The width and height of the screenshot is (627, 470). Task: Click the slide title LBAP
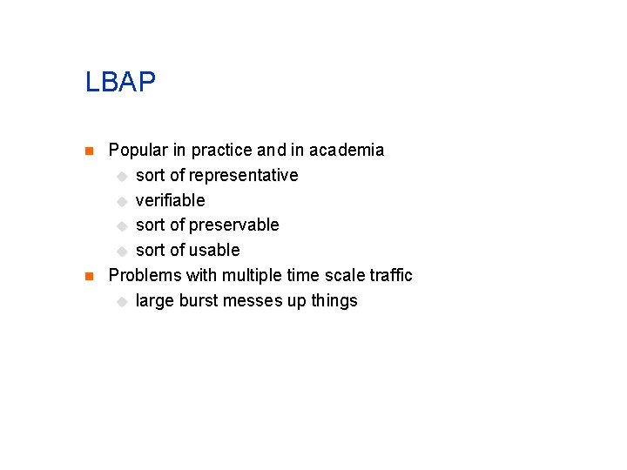pyautogui.click(x=120, y=83)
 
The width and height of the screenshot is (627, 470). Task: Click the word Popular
pyautogui.click(x=134, y=151)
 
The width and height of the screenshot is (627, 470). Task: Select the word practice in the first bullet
pyautogui.click(x=220, y=151)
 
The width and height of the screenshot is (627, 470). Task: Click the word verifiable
pyautogui.click(x=170, y=200)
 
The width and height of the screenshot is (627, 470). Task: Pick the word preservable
pyautogui.click(x=234, y=225)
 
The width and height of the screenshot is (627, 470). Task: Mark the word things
pyautogui.click(x=334, y=301)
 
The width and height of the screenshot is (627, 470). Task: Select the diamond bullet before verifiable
pyautogui.click(x=122, y=201)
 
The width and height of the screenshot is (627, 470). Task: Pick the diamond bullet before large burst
pyautogui.click(x=122, y=302)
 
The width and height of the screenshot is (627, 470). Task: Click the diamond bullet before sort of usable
pyautogui.click(x=122, y=252)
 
